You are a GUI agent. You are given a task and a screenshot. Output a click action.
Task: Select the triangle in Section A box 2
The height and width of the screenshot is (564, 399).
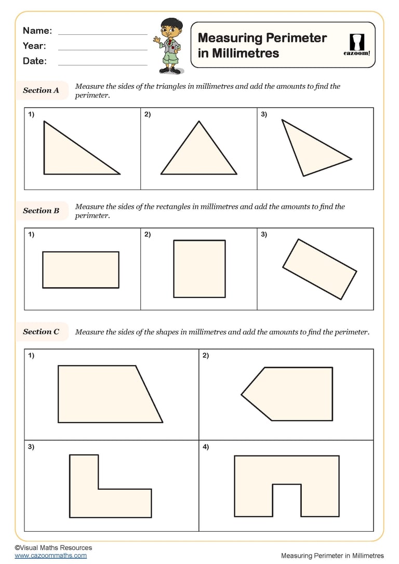pyautogui.click(x=199, y=156)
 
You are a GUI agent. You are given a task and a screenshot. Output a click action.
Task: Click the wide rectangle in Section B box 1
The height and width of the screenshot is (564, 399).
pyautogui.click(x=81, y=270)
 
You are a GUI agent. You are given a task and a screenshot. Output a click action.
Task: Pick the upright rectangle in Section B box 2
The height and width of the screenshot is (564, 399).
pyautogui.click(x=199, y=268)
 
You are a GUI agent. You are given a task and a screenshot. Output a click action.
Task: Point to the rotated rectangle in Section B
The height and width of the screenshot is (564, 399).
pyautogui.click(x=320, y=269)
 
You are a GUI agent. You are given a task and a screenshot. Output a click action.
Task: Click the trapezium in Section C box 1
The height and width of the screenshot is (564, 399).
pyautogui.click(x=104, y=394)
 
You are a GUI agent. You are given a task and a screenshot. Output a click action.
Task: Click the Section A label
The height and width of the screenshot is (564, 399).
pyautogui.click(x=41, y=90)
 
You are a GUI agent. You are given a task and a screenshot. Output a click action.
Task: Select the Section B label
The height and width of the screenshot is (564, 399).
pyautogui.click(x=41, y=211)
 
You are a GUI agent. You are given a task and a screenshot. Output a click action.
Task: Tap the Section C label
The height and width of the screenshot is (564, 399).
pyautogui.click(x=41, y=332)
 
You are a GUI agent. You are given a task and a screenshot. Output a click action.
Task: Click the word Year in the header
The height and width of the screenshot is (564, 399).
pyautogui.click(x=34, y=46)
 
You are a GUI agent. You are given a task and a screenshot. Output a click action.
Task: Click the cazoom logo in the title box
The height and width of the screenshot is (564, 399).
pyautogui.click(x=358, y=44)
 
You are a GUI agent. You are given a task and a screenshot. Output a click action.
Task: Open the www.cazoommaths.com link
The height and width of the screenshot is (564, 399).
pyautogui.click(x=51, y=556)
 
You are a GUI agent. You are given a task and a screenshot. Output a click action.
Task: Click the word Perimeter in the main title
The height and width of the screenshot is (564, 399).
pyautogui.click(x=296, y=38)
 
